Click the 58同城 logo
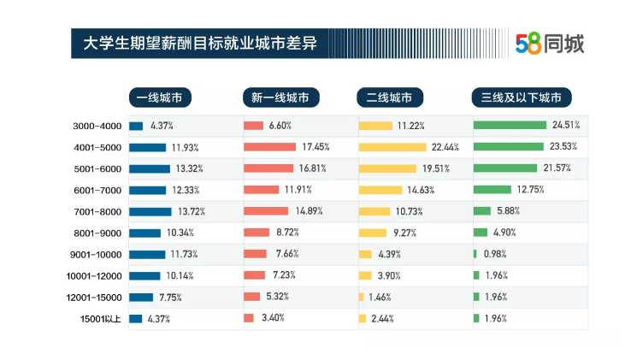point(550,43)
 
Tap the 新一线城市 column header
point(280,97)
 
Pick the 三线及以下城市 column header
point(521,97)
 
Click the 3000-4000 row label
point(97,126)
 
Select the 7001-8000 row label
point(97,211)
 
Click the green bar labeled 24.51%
point(509,126)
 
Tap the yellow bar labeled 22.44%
point(392,147)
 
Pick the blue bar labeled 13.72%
point(150,211)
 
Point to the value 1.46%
point(380,298)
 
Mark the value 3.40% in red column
point(273,319)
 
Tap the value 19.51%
point(433,168)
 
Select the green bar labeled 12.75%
point(492,190)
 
